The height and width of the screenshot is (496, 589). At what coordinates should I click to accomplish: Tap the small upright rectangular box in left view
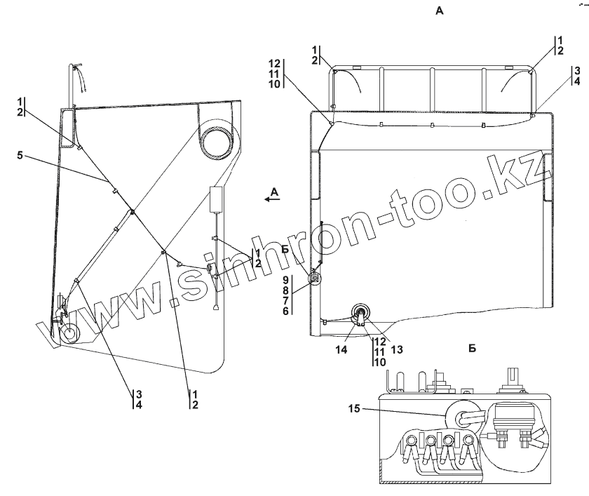coord(217,199)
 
